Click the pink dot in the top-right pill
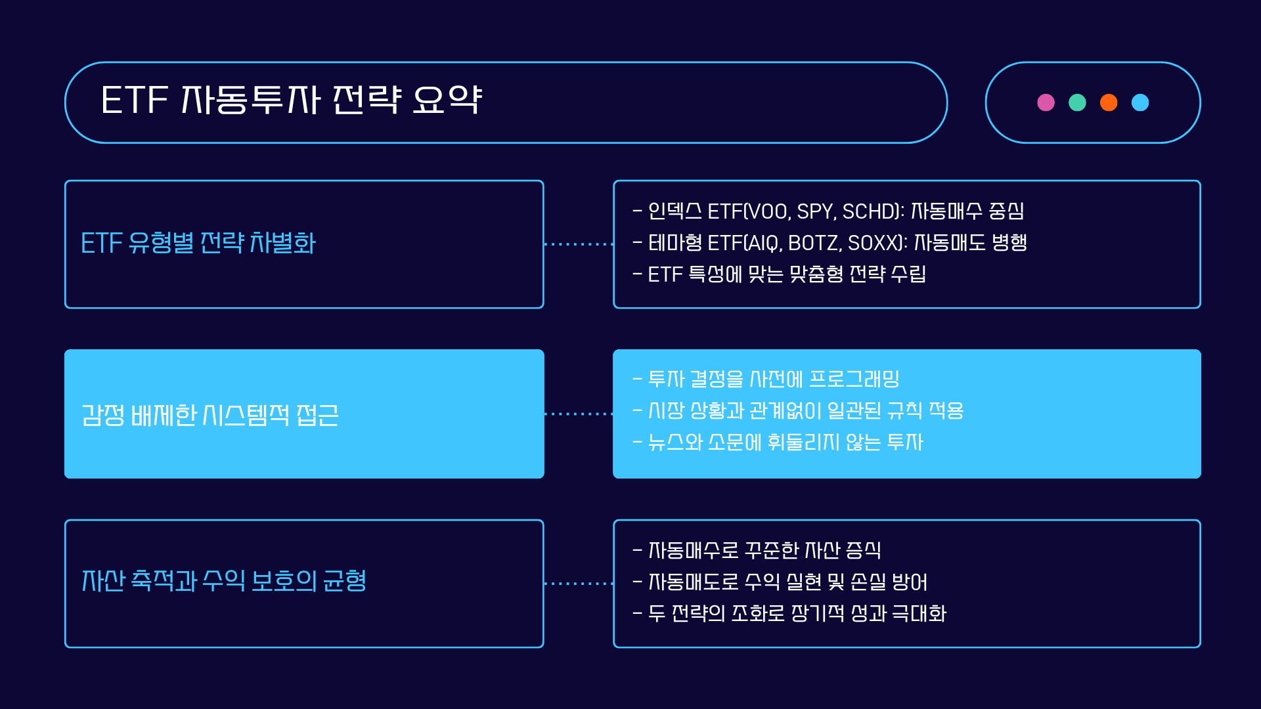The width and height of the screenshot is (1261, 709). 1046,102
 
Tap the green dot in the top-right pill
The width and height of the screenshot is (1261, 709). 1077,102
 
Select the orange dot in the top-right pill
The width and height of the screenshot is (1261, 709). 1109,102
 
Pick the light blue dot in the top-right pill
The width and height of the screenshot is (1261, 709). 1140,102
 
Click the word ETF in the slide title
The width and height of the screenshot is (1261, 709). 135,100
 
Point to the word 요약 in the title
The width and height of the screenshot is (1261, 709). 447,100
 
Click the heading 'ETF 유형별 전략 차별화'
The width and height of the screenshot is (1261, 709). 198,243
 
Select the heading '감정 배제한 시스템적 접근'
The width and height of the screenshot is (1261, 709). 210,415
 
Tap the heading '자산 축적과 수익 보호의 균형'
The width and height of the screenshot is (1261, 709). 224,580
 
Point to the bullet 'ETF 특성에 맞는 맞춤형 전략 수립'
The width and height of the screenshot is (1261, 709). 787,274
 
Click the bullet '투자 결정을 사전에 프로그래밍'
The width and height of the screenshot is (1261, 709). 774,379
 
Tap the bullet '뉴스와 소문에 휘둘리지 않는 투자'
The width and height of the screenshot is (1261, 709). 785,442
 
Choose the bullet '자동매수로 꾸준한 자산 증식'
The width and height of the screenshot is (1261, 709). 764,550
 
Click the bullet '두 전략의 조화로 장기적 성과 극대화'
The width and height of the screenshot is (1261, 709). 797,613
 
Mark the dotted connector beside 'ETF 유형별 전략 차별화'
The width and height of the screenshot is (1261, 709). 579,244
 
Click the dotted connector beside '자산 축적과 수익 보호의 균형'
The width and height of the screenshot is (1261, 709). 579,583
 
